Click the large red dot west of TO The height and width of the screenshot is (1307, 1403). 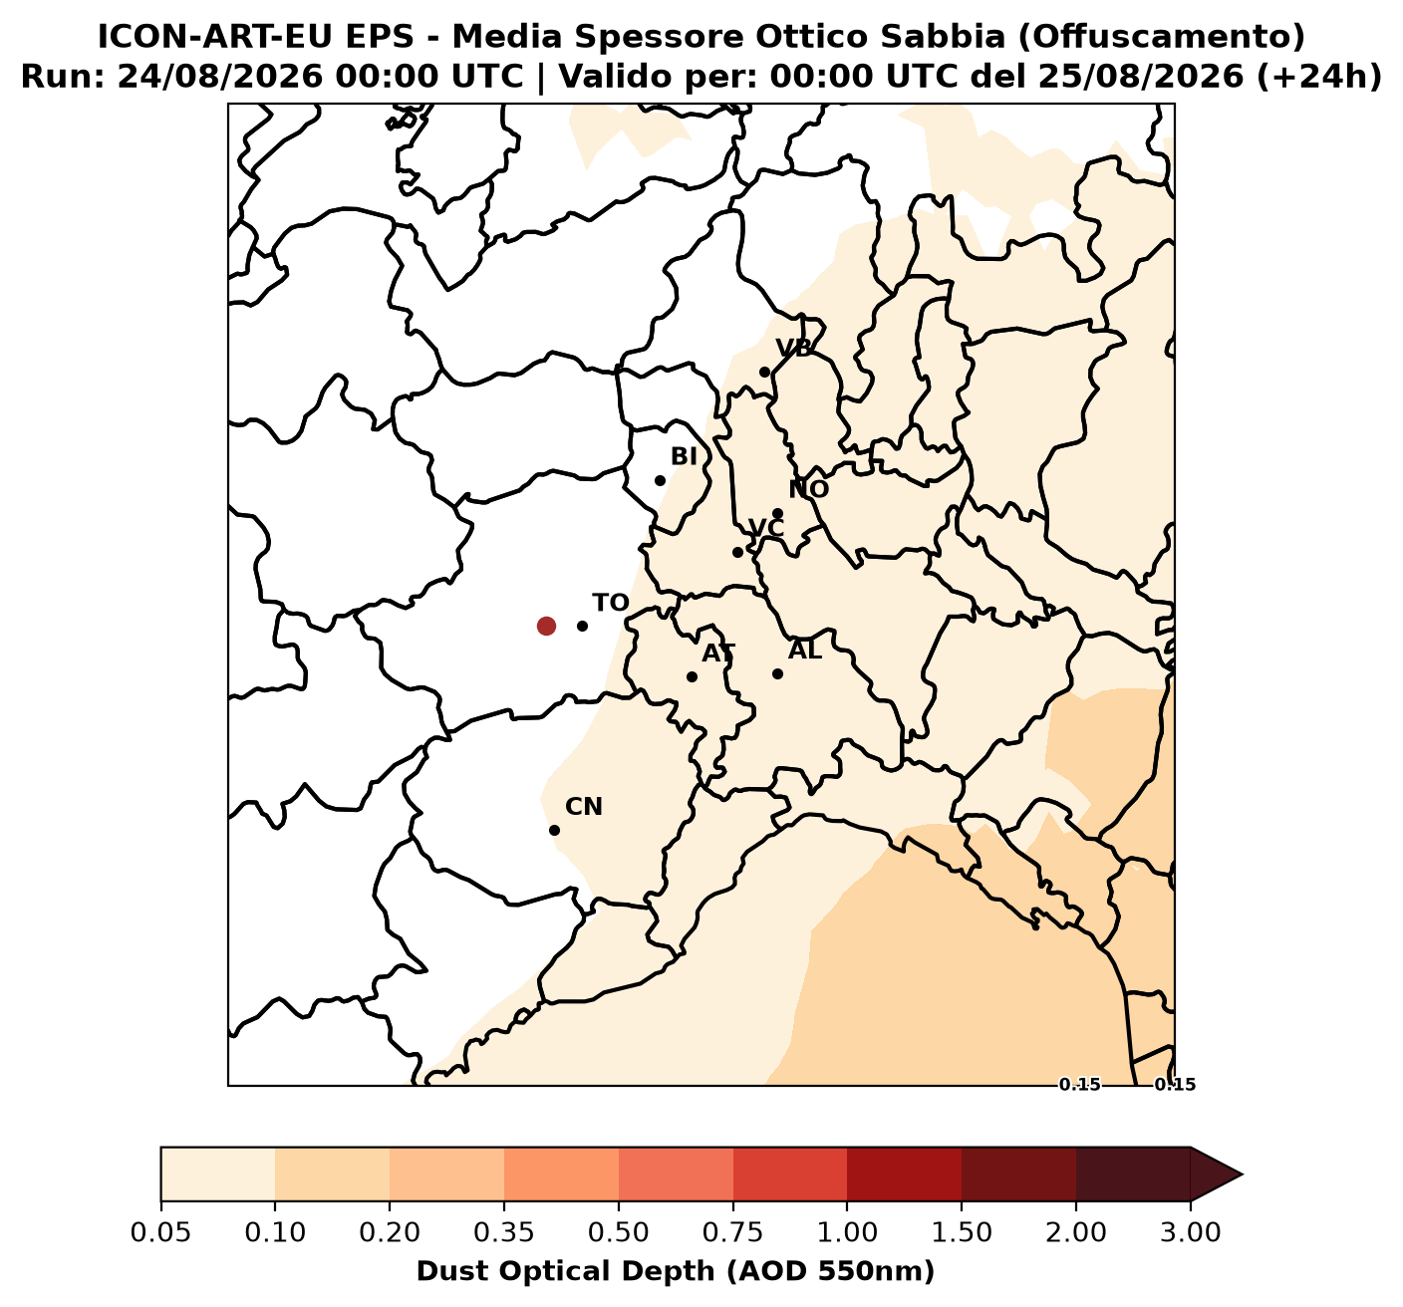[x=546, y=626]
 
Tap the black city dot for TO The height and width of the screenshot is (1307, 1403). [x=582, y=626]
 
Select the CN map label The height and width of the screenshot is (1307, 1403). [x=584, y=807]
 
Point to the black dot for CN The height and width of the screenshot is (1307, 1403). [x=555, y=830]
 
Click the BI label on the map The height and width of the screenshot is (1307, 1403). [x=684, y=456]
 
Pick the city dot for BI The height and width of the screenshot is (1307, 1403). [x=660, y=480]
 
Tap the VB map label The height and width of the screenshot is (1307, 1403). [x=794, y=349]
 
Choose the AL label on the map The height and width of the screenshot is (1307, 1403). [x=805, y=651]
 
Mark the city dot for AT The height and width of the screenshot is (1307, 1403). [x=693, y=676]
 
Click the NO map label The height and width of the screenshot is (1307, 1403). [x=808, y=489]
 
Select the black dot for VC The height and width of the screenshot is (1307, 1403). [x=737, y=553]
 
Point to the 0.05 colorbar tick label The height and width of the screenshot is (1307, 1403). [x=160, y=1233]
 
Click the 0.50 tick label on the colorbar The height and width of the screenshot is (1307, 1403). [x=618, y=1233]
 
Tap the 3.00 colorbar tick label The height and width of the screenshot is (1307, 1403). [x=1190, y=1233]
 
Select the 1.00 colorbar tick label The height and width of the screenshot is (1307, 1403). [x=847, y=1233]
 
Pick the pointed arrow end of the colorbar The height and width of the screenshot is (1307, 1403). [x=1242, y=1175]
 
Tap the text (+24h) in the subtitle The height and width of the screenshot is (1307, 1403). [x=1319, y=77]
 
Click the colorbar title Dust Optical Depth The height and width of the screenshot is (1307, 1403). [x=566, y=1272]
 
